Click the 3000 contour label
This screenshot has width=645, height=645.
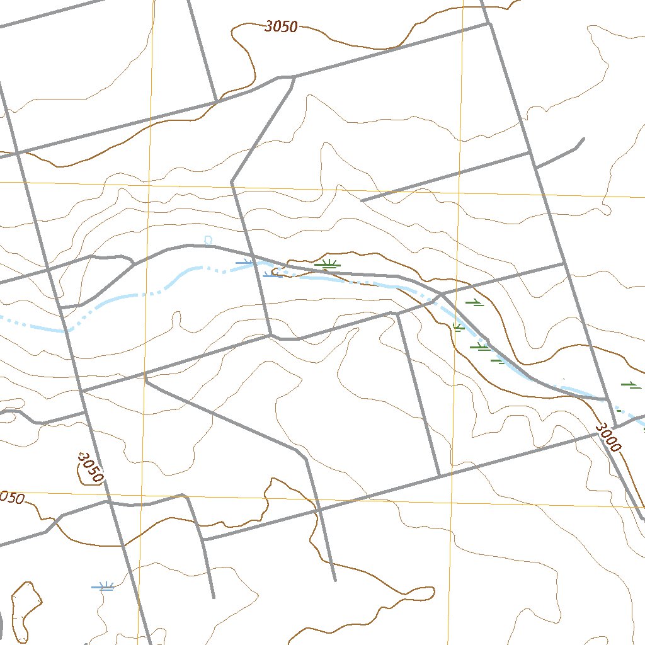[x=608, y=437]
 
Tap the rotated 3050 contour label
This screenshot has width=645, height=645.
[x=89, y=467]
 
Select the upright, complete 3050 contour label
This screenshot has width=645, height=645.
[x=281, y=26]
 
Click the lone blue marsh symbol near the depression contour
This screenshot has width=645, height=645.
[x=103, y=586]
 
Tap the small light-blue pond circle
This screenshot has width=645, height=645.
[x=208, y=239]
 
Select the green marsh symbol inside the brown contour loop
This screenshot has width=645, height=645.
[x=328, y=264]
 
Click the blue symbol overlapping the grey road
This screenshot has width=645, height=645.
[x=244, y=262]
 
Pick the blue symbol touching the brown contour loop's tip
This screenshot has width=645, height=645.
[x=272, y=274]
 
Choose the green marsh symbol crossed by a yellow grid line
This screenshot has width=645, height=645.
[x=458, y=326]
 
